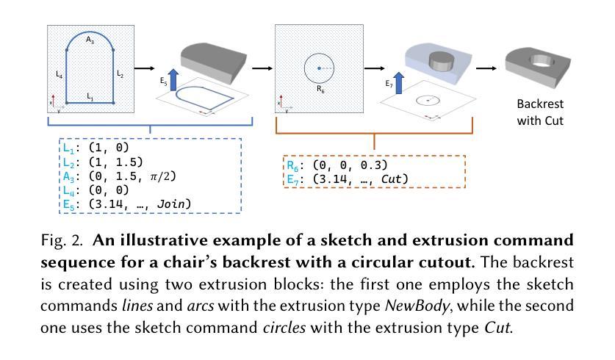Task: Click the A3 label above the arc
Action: [x=90, y=42]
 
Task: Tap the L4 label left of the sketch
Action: [x=60, y=74]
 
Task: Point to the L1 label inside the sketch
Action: [x=90, y=96]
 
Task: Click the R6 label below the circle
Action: [x=320, y=88]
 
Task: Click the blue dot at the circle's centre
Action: [x=319, y=68]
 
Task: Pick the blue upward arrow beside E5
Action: [x=173, y=80]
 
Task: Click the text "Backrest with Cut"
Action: [x=540, y=112]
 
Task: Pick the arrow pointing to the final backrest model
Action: [x=486, y=68]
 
